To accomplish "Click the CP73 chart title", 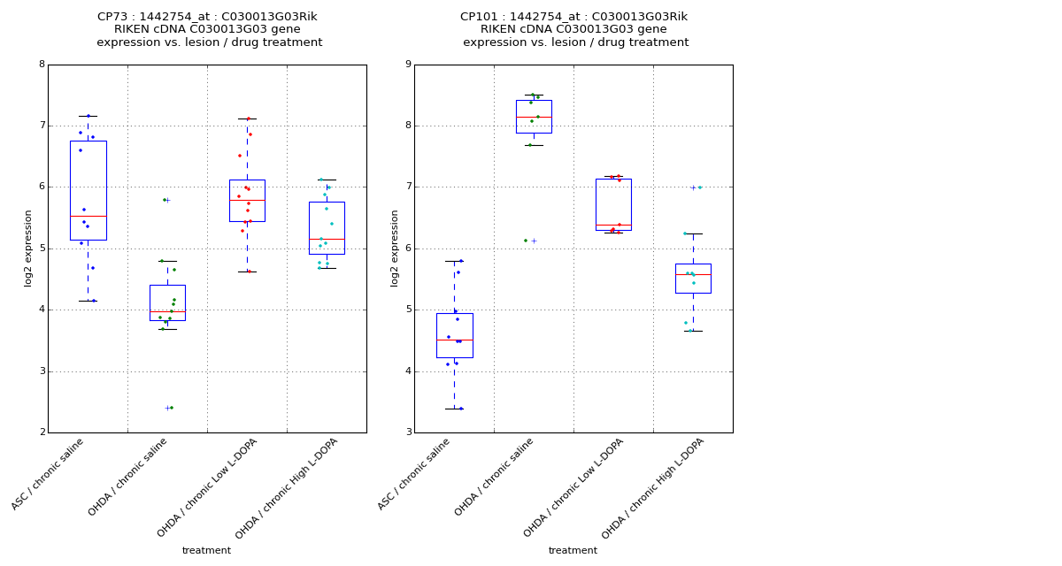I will (x=209, y=29).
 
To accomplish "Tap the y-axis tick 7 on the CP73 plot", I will (x=42, y=126).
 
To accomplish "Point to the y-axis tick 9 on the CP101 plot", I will (x=408, y=65).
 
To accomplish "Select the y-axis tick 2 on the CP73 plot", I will (x=42, y=432).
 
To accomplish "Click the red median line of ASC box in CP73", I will (x=88, y=216).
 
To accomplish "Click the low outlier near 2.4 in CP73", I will (x=167, y=408).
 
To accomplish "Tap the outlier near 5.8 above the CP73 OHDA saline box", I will (x=167, y=200).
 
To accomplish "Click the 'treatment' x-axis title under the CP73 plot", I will (x=206, y=550).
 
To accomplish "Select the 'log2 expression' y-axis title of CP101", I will (x=395, y=248).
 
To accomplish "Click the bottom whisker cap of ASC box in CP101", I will (x=454, y=409).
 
